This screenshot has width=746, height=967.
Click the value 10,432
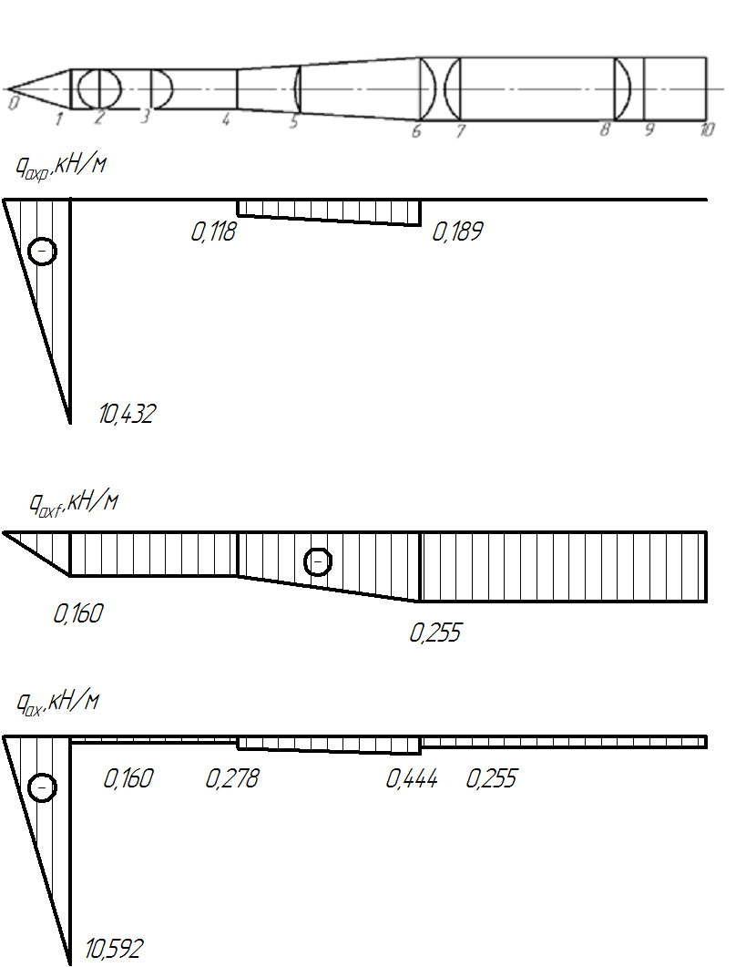coord(127,413)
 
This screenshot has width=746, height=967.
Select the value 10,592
coord(114,949)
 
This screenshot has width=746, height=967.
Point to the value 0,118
coord(213,231)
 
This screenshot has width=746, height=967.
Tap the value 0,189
coord(457,231)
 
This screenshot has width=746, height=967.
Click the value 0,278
coord(232,778)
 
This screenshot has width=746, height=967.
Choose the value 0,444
coord(412,778)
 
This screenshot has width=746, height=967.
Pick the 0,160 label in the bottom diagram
coord(128,778)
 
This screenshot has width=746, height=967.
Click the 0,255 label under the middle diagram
coord(435,633)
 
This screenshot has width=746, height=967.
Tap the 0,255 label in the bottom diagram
coord(492,778)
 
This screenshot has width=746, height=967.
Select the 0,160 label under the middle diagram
coord(78,613)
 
